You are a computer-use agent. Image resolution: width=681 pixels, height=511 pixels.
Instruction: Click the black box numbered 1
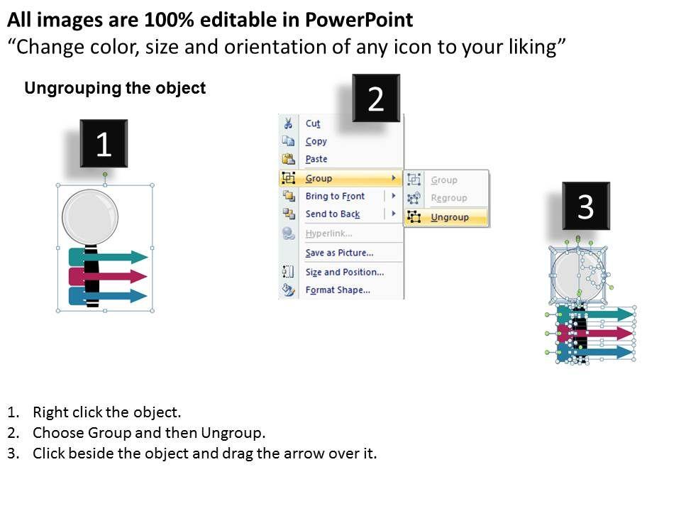[x=104, y=143]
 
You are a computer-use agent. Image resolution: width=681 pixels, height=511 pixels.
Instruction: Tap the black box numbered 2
[x=376, y=98]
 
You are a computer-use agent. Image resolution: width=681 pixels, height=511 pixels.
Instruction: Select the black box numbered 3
[x=586, y=206]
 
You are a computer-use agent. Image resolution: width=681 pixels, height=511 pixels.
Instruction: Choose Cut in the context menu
[x=313, y=123]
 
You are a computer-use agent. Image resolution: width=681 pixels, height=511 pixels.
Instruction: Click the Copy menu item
[x=316, y=141]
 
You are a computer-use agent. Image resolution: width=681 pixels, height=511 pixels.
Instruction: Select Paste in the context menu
[x=316, y=159]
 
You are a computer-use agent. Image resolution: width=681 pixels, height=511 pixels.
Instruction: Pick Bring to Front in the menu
[x=335, y=196]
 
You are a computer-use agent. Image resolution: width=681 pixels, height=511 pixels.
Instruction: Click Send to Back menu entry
[x=333, y=214]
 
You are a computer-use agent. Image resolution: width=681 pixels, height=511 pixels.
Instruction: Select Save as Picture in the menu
[x=339, y=253]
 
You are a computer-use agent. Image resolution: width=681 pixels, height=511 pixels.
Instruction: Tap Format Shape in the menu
[x=338, y=290]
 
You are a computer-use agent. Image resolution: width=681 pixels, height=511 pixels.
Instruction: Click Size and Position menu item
[x=345, y=272]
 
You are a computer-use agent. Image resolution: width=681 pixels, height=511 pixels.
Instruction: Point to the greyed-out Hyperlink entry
[x=328, y=233]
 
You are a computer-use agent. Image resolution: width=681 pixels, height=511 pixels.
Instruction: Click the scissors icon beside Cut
[x=288, y=123]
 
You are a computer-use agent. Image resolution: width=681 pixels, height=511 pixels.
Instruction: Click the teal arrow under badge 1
[x=108, y=257]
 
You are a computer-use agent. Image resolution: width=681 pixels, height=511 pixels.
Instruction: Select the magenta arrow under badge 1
[x=108, y=276]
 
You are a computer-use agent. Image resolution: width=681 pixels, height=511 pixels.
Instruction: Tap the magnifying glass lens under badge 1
[x=90, y=217]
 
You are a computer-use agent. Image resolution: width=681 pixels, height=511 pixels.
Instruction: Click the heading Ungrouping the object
[x=115, y=88]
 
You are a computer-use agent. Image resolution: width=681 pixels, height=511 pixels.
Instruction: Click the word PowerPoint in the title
[x=359, y=20]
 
